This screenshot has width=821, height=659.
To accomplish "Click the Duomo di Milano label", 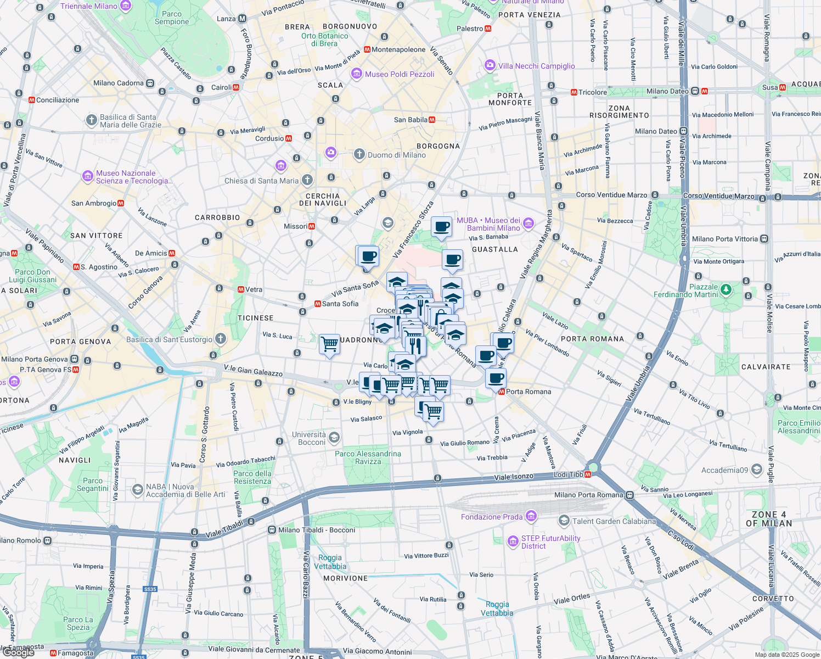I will click(x=396, y=155).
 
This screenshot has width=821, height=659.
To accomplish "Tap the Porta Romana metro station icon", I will click(x=502, y=392).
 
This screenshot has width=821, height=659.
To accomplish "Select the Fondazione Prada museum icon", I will click(x=531, y=516).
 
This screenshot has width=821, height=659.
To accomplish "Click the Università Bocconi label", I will click(x=309, y=438).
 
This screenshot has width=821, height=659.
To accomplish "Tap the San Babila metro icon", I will click(x=432, y=120).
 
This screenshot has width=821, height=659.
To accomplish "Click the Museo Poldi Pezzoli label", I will click(x=400, y=74).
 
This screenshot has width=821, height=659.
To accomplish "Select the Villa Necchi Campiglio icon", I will click(x=490, y=66).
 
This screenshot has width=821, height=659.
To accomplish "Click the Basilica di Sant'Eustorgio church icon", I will click(x=221, y=339).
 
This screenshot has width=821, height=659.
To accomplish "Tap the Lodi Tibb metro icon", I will click(x=588, y=474).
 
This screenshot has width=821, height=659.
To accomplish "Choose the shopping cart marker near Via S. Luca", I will click(x=329, y=344).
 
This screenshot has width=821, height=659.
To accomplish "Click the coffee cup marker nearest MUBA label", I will click(x=441, y=226).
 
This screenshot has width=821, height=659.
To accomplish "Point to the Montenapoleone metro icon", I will click(x=367, y=49).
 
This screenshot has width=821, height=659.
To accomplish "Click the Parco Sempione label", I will click(x=172, y=18).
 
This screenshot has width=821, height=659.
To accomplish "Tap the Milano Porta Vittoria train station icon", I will click(x=764, y=239).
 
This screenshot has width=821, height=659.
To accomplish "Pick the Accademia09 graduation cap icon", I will click(x=757, y=470).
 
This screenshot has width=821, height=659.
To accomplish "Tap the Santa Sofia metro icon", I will click(x=317, y=304).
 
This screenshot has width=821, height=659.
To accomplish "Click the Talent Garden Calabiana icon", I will click(x=564, y=521).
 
